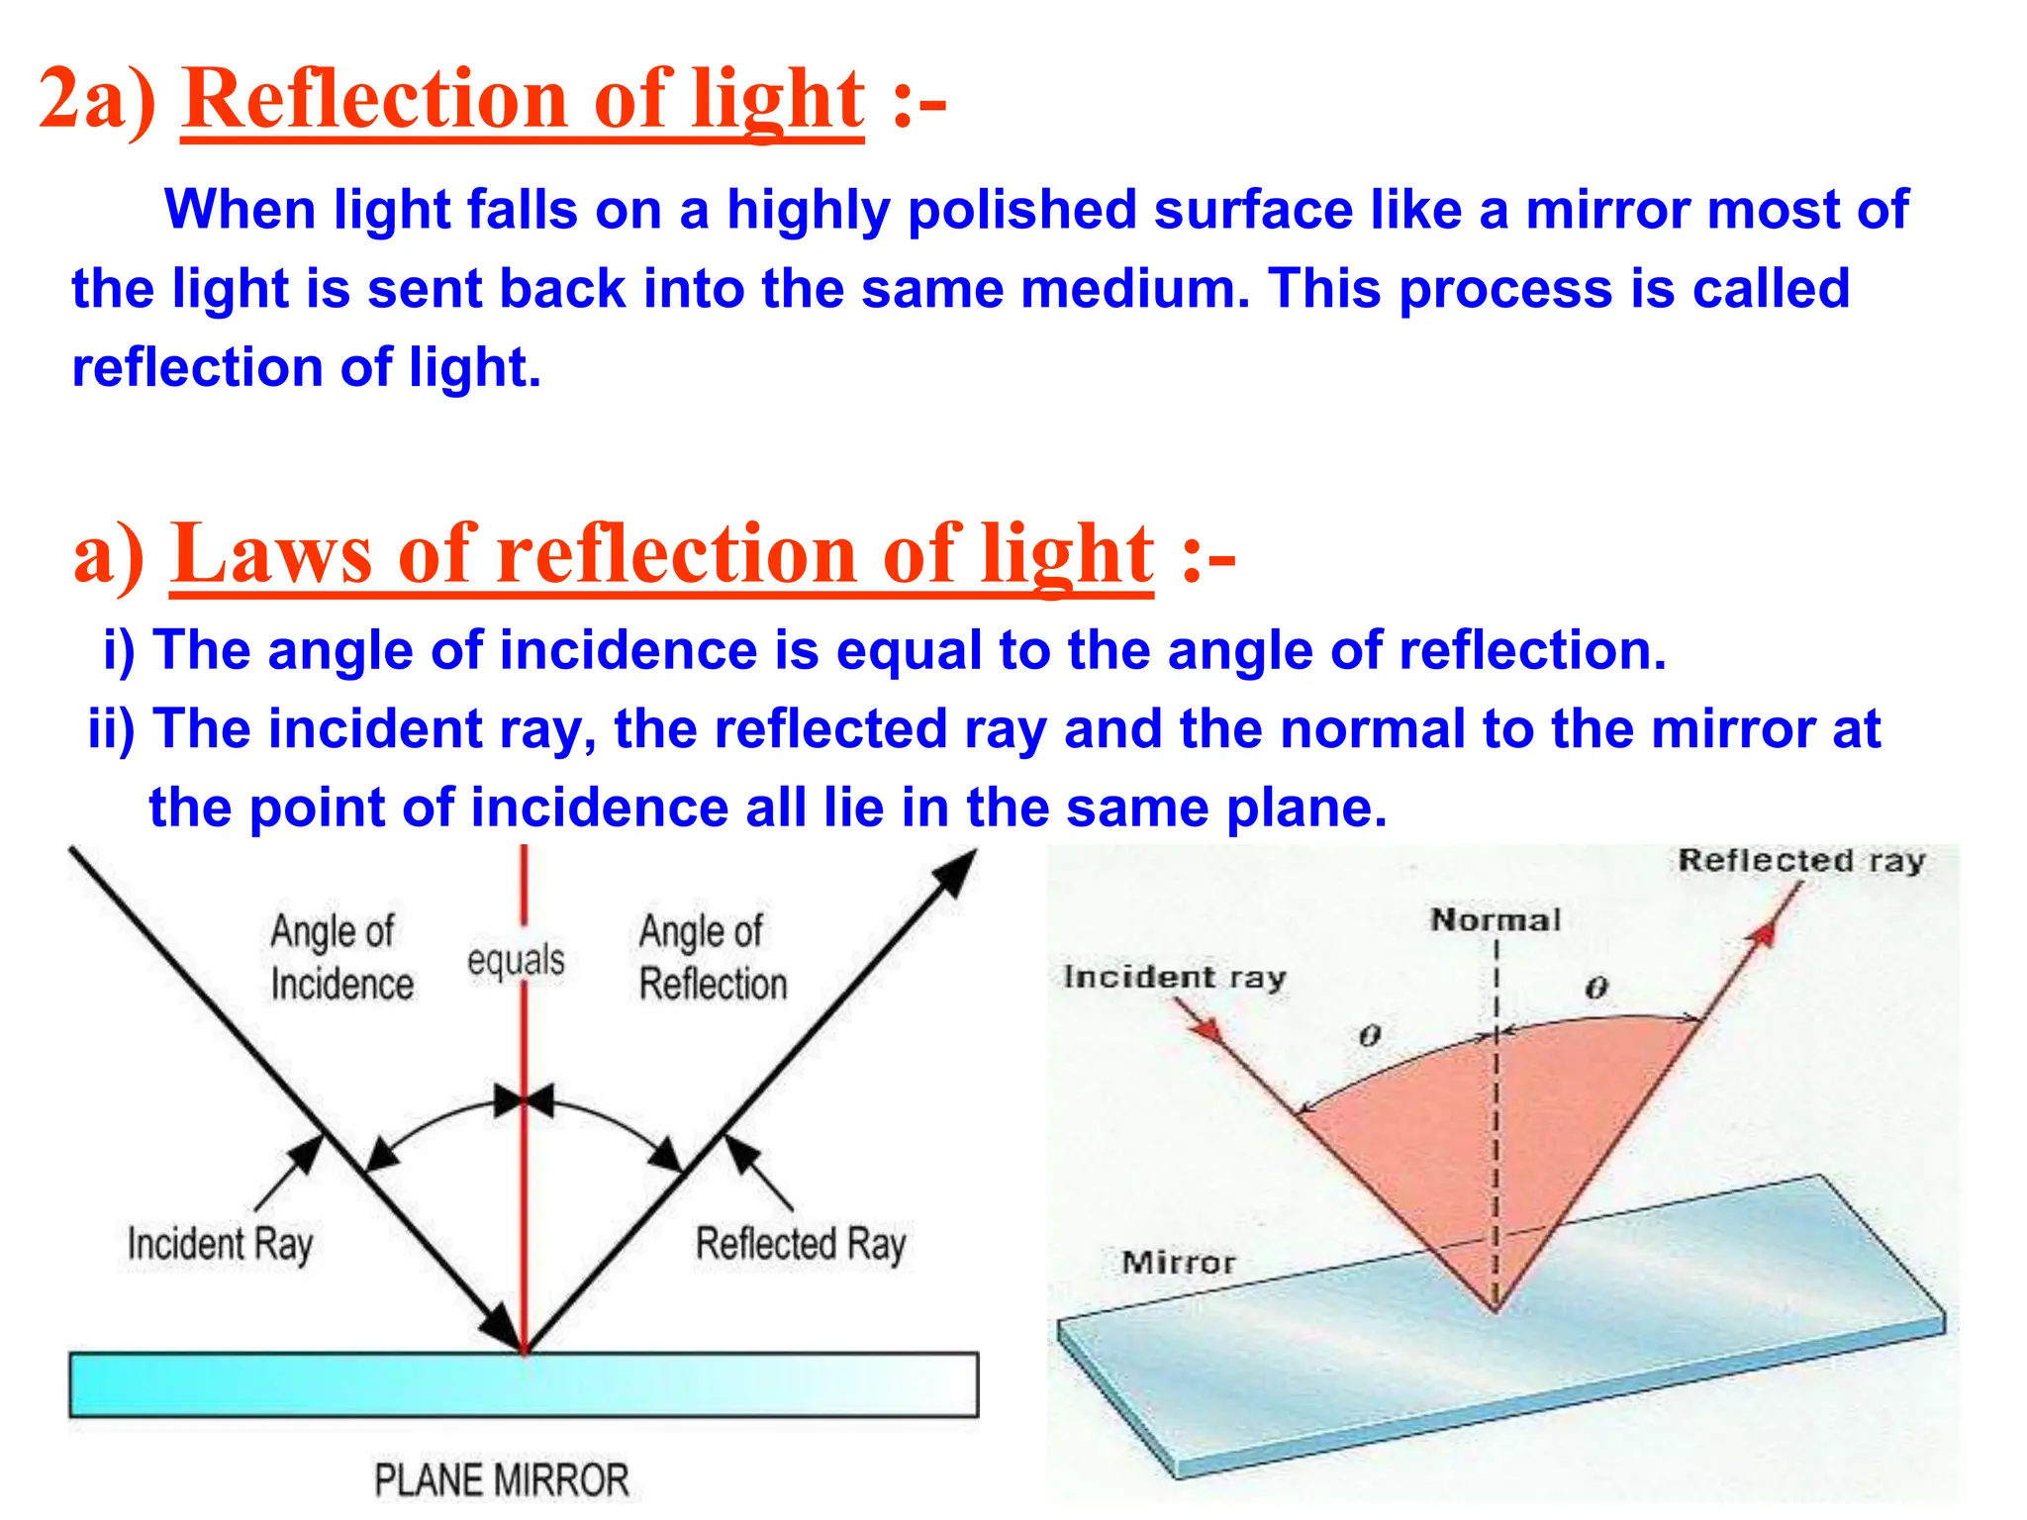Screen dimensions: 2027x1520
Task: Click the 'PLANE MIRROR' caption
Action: click(501, 1480)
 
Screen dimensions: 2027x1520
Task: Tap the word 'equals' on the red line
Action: click(516, 960)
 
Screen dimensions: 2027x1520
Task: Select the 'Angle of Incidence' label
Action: click(340, 958)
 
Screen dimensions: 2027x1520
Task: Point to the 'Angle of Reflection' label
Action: click(713, 958)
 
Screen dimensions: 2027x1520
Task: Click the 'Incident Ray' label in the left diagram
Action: click(220, 1244)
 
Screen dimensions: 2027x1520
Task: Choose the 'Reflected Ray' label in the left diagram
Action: click(800, 1244)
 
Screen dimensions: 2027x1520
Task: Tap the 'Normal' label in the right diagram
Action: click(1495, 920)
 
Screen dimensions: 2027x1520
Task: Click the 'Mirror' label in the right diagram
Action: click(1178, 1263)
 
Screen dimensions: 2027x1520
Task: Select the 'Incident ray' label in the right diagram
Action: click(1174, 978)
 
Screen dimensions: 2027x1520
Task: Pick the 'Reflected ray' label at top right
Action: click(1801, 860)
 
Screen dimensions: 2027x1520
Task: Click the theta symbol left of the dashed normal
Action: click(1369, 1036)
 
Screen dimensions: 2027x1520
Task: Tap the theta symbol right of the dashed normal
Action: click(1596, 988)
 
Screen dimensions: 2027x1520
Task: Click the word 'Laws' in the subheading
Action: click(271, 553)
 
